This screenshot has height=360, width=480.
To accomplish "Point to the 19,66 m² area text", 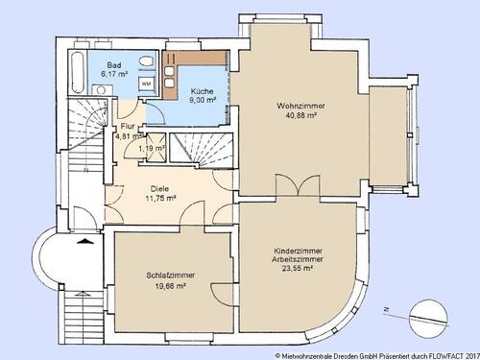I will click(166, 285).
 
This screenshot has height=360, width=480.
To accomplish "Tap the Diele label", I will click(158, 188).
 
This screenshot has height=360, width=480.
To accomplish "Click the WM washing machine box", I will click(146, 84).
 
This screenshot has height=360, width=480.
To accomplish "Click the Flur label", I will click(128, 126).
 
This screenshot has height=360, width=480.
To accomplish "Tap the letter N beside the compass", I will click(384, 310).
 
